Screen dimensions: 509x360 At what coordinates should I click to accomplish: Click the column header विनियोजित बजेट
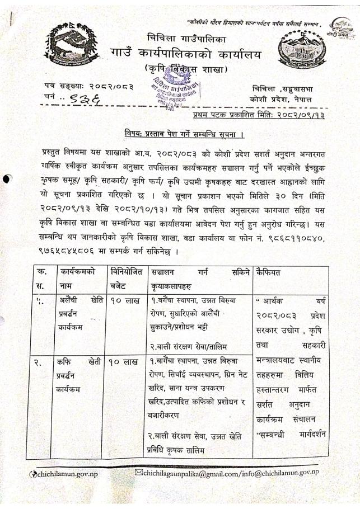(x=126, y=280)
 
